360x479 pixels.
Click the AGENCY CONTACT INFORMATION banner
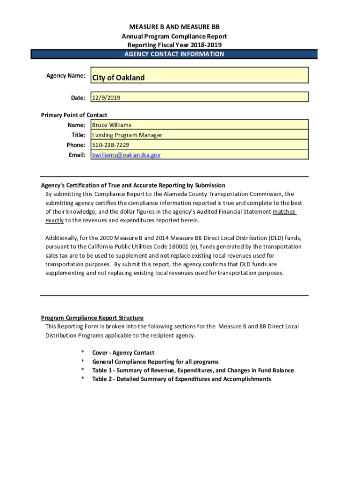point(174,54)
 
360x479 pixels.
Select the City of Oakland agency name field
point(118,78)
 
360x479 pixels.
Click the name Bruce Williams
point(112,125)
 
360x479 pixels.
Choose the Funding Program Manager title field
point(127,135)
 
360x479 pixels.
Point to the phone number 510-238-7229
point(111,145)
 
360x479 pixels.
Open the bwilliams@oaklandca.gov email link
point(126,155)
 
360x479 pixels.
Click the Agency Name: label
point(65,76)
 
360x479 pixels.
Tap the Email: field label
point(77,155)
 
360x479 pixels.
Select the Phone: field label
point(76,145)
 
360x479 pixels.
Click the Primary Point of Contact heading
point(74,115)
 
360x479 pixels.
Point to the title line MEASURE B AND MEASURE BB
point(174,27)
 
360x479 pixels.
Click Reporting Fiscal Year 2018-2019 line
point(174,45)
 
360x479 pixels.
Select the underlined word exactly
point(54,220)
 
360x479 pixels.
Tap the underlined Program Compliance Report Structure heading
point(92,318)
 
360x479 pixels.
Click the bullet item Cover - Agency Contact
point(123,353)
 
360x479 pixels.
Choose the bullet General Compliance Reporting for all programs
point(155,362)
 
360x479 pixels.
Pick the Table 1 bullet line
point(193,370)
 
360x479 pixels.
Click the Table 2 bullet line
point(181,379)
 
